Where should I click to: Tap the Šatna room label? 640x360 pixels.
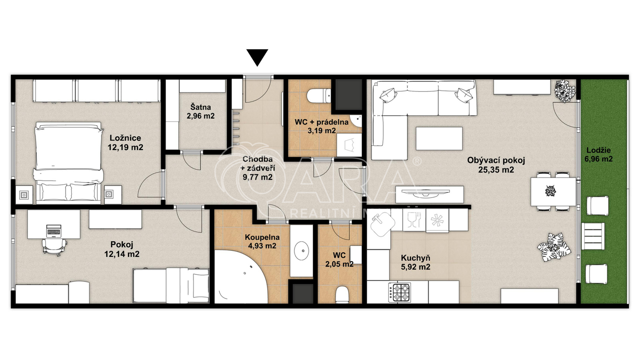(x=200, y=107)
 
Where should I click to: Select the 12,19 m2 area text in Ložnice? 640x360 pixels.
(x=126, y=148)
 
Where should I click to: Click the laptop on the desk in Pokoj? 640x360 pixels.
(x=54, y=231)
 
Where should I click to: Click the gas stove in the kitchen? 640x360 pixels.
(x=399, y=292)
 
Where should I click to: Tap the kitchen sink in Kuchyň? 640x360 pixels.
(x=382, y=224)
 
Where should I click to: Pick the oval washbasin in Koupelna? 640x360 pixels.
(x=302, y=251)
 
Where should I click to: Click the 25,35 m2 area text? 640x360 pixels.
(x=496, y=170)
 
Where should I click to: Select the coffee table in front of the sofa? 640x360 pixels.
(x=439, y=138)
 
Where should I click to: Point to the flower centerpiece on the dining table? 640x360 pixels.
(x=550, y=191)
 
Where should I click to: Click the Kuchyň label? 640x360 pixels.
(x=416, y=258)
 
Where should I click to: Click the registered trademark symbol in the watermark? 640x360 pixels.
(x=418, y=162)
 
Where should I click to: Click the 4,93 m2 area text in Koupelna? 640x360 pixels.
(x=262, y=246)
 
